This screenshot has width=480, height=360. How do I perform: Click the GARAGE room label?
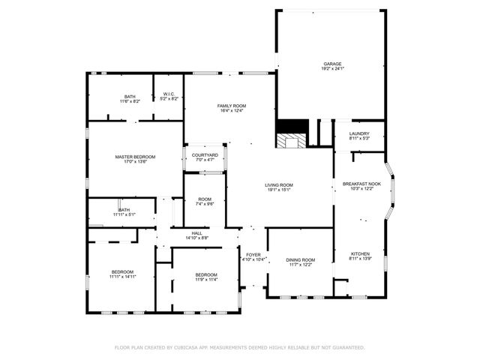pos(332,64)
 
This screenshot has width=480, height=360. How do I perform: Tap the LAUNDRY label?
pos(359,133)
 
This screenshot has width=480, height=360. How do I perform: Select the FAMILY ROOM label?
pos(232,106)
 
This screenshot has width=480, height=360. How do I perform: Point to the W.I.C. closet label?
pos(169,94)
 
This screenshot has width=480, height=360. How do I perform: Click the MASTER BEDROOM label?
pos(135,157)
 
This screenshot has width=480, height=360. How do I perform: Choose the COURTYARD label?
pos(205,154)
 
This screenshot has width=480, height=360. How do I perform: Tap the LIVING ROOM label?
pos(278,184)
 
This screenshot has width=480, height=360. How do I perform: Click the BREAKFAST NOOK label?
pos(361,184)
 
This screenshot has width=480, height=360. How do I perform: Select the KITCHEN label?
pos(360,253)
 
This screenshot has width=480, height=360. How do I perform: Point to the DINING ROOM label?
pos(300,259)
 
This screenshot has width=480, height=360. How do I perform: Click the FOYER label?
pos(253,254)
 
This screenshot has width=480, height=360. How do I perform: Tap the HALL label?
pos(196,233)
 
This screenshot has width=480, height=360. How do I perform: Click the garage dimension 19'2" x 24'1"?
pos(332,69)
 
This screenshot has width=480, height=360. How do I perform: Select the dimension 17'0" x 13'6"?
pos(135,162)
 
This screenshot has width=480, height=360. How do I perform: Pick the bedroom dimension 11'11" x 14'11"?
pos(122,277)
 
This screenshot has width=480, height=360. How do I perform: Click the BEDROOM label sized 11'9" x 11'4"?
pos(206,274)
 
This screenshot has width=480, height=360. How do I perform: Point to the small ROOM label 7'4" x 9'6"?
pos(204,199)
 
